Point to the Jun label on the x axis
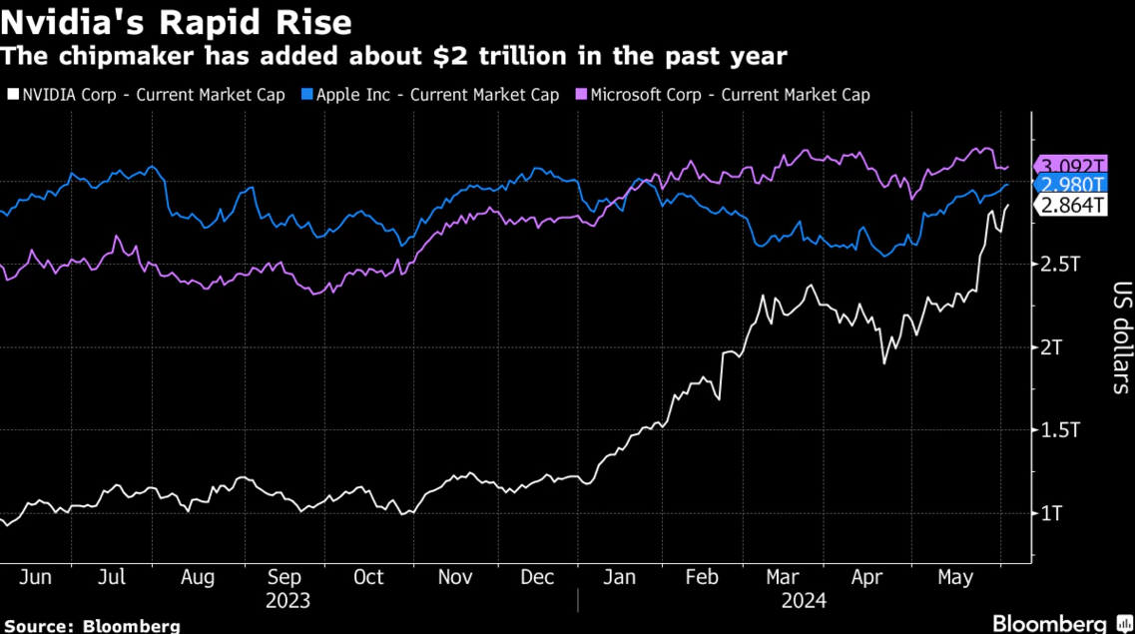tap(35, 578)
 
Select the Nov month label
tap(455, 578)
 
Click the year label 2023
tap(287, 602)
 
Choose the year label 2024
tap(804, 602)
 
